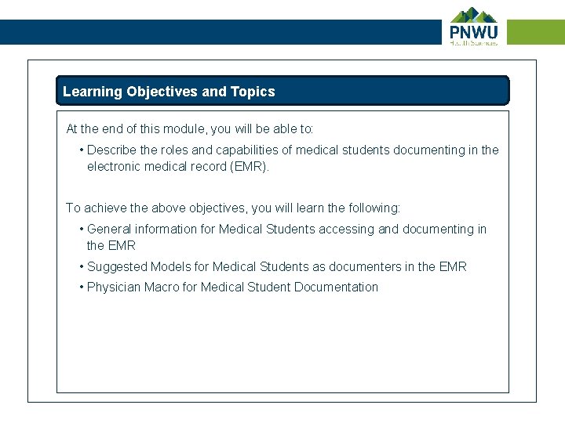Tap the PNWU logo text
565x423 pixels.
point(473,32)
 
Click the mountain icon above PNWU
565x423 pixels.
point(474,15)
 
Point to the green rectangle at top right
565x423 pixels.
point(536,32)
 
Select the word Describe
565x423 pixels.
point(112,150)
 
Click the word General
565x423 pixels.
point(109,229)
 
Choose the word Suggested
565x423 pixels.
point(117,266)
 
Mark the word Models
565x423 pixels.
point(170,266)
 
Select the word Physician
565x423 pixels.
point(114,287)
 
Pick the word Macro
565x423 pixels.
point(162,287)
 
